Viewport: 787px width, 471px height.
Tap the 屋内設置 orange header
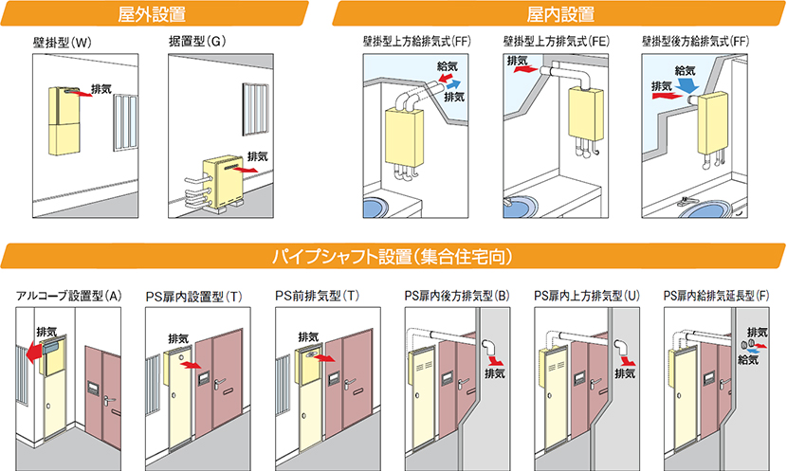click(x=559, y=14)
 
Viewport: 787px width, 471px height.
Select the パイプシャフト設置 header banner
click(x=393, y=256)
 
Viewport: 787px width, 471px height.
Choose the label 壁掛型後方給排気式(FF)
click(x=696, y=43)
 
